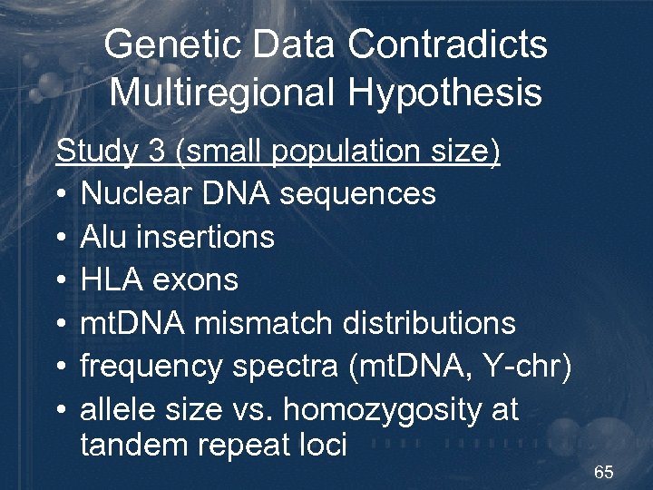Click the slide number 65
tap(604, 473)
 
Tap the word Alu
tap(102, 238)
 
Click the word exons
tap(195, 280)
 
